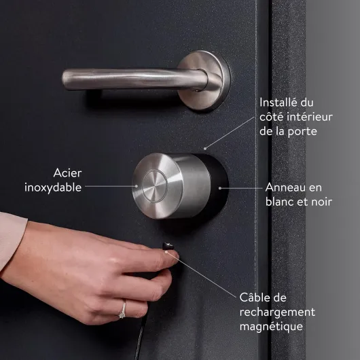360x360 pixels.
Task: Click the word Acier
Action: pos(67,173)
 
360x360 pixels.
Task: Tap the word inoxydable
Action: pos(53,187)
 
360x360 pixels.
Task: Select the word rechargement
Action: pos(277,312)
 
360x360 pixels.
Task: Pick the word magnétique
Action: pos(272,327)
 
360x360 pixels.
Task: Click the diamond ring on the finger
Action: pos(123,310)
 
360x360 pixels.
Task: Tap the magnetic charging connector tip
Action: pos(168,247)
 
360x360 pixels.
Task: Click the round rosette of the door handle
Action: pos(203,80)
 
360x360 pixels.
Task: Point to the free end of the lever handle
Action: pos(65,79)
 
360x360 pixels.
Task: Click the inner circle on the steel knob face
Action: pos(154,186)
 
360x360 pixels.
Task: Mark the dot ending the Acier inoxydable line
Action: pos(137,186)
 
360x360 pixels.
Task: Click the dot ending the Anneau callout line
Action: pos(220,188)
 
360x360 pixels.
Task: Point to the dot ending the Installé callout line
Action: pos(205,149)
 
